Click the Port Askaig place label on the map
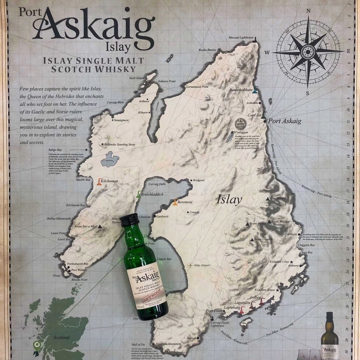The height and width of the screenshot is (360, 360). [x=285, y=121]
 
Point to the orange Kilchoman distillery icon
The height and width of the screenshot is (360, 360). [x=99, y=181]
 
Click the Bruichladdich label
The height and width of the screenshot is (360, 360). [x=152, y=194]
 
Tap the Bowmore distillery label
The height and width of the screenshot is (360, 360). [x=185, y=202]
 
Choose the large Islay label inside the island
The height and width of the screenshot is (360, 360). [x=229, y=200]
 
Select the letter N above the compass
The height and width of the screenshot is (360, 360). [x=308, y=11]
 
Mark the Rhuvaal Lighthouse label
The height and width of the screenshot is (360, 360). [x=241, y=38]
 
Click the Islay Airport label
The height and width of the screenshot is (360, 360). [x=202, y=265]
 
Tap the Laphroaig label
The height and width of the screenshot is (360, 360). [x=232, y=308]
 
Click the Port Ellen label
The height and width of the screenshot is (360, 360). [x=214, y=311]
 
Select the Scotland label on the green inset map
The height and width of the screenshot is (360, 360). [x=62, y=337]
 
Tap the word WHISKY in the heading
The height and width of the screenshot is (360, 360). [x=115, y=69]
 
